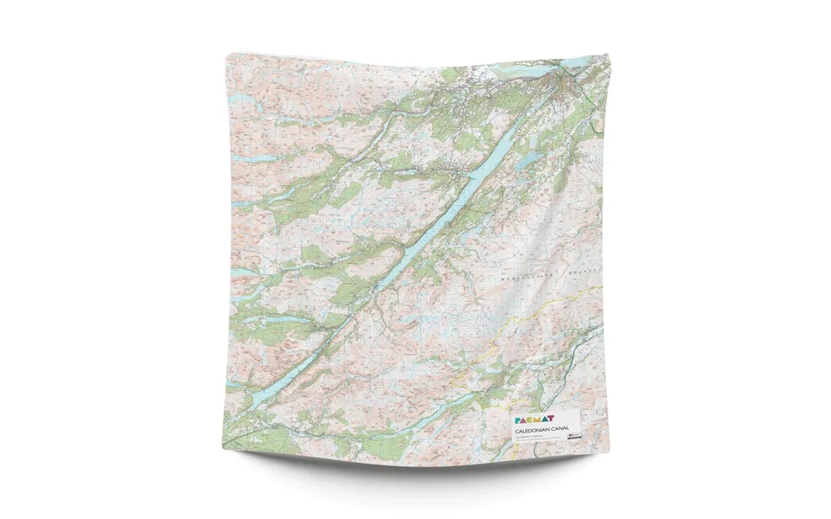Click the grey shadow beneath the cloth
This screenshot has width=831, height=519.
point(415,471)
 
